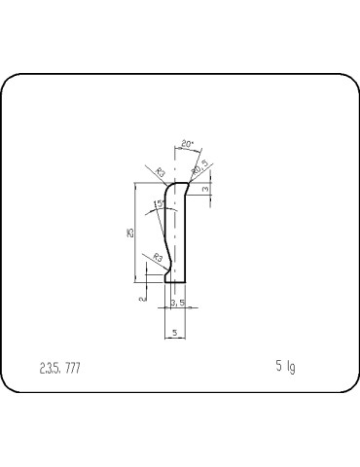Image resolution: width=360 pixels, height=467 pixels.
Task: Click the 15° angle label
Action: tap(158, 203)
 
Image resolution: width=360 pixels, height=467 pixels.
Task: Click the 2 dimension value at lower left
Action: tap(142, 300)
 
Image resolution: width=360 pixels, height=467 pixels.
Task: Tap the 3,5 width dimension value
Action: tap(177, 304)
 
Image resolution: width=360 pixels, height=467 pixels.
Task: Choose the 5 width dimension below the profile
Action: tap(174, 333)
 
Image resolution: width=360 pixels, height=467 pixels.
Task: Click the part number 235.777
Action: tap(60, 368)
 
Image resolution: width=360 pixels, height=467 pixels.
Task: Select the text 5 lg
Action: tap(285, 367)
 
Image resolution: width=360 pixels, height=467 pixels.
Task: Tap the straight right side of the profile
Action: tap(187, 233)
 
